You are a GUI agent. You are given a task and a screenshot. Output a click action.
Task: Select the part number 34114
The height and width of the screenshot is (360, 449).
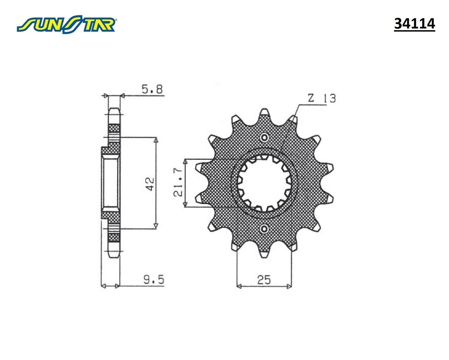click(414, 24)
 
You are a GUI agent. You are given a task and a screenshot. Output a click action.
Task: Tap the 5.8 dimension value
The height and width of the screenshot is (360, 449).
click(153, 90)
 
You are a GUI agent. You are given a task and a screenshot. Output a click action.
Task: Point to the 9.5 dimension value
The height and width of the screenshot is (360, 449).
click(153, 280)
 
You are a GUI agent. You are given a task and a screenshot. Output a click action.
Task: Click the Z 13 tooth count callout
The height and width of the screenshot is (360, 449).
click(322, 98)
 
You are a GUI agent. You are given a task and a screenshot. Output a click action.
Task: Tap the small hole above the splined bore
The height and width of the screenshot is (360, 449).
click(264, 138)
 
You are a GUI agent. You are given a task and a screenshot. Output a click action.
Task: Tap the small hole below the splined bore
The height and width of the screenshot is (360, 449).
click(264, 229)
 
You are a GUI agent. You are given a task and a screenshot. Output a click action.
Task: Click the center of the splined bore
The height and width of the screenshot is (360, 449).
click(264, 183)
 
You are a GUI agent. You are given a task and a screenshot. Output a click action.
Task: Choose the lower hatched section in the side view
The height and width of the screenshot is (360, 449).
click(114, 238)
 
